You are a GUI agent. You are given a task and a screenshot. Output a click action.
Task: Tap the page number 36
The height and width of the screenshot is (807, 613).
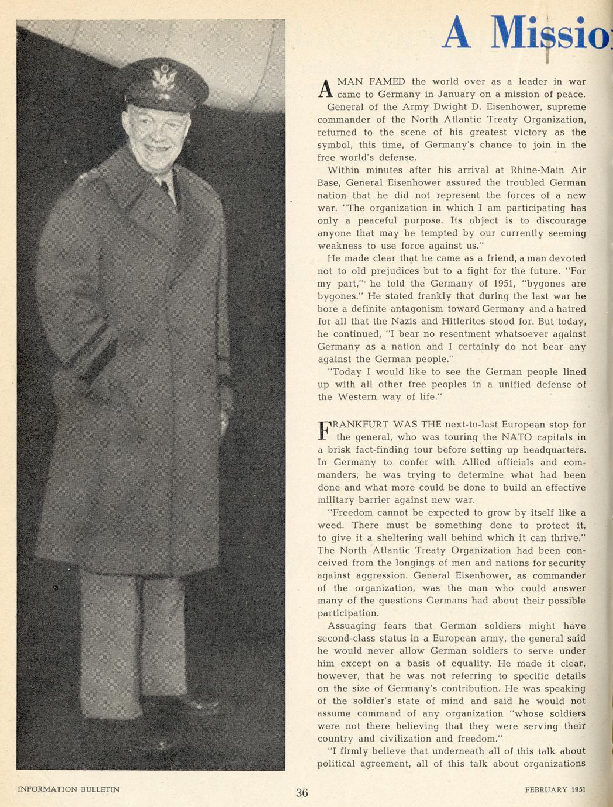point(302,793)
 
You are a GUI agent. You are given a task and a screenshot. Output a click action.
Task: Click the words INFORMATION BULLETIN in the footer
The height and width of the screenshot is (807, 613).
point(68,789)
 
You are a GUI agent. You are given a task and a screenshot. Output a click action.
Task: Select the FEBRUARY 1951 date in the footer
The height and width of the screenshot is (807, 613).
point(555,789)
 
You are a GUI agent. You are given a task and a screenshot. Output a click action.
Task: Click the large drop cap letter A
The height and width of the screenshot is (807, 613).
point(325,88)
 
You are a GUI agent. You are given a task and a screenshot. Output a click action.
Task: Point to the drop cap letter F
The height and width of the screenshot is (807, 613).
point(325,430)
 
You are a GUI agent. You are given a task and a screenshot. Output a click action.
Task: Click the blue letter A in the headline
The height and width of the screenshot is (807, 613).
point(457,33)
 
